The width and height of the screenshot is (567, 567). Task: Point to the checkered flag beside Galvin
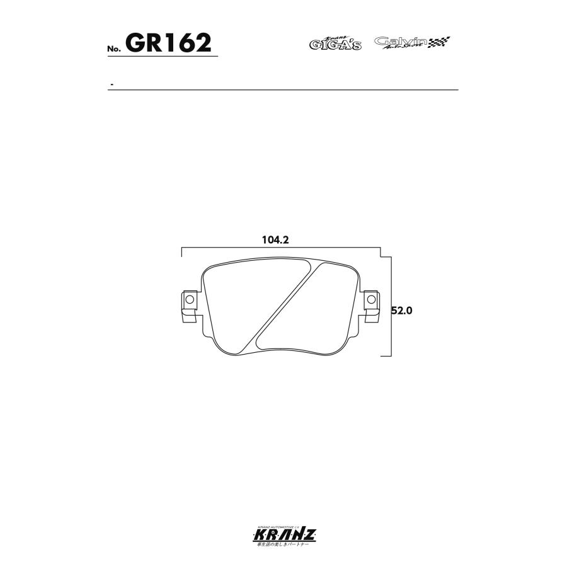click(x=439, y=43)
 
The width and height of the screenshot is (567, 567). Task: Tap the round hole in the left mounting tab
click(x=188, y=298)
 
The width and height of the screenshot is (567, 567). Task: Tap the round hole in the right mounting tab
click(x=371, y=298)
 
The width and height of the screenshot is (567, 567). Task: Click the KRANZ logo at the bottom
click(x=283, y=535)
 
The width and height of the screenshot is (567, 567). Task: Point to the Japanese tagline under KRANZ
click(x=283, y=544)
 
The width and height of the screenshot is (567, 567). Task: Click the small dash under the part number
click(x=112, y=84)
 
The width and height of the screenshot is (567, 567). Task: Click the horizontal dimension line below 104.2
click(x=281, y=249)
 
